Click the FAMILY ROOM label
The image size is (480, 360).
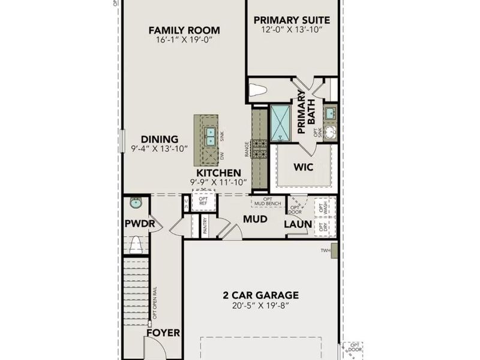click(184, 30)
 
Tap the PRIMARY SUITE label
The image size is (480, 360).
click(292, 20)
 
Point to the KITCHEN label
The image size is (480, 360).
click(214, 173)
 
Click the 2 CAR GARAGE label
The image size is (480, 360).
click(261, 295)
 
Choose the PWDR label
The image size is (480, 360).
click(140, 224)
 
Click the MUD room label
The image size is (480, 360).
click(255, 219)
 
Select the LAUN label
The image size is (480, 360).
click(298, 224)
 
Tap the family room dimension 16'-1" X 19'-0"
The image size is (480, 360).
click(184, 40)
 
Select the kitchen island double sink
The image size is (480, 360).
click(210, 136)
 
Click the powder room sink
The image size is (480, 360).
click(136, 203)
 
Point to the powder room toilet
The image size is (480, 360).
click(137, 245)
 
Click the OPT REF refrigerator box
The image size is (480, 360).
click(203, 201)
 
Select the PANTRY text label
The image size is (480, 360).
click(205, 226)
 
